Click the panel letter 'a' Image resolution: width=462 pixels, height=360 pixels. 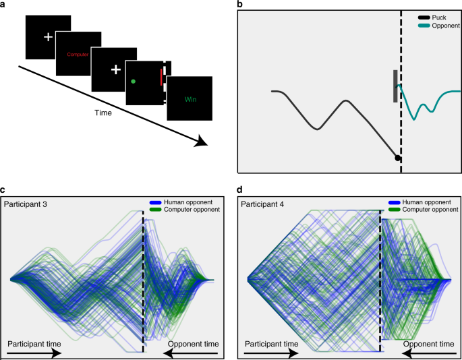(x=4, y=5)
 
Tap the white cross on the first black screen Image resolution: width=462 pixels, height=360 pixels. (x=47, y=36)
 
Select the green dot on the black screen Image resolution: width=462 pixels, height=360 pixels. (x=133, y=82)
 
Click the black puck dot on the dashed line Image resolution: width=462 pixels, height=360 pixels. (x=398, y=158)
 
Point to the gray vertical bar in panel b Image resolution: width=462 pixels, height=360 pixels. (x=395, y=86)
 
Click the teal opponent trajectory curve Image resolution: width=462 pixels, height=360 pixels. (x=425, y=104)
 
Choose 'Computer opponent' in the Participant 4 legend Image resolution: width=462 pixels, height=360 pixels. (x=428, y=210)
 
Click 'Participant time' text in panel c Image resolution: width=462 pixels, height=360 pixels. (x=34, y=344)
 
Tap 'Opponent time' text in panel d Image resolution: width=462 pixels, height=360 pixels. (x=428, y=344)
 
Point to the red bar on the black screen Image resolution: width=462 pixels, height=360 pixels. (x=161, y=76)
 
